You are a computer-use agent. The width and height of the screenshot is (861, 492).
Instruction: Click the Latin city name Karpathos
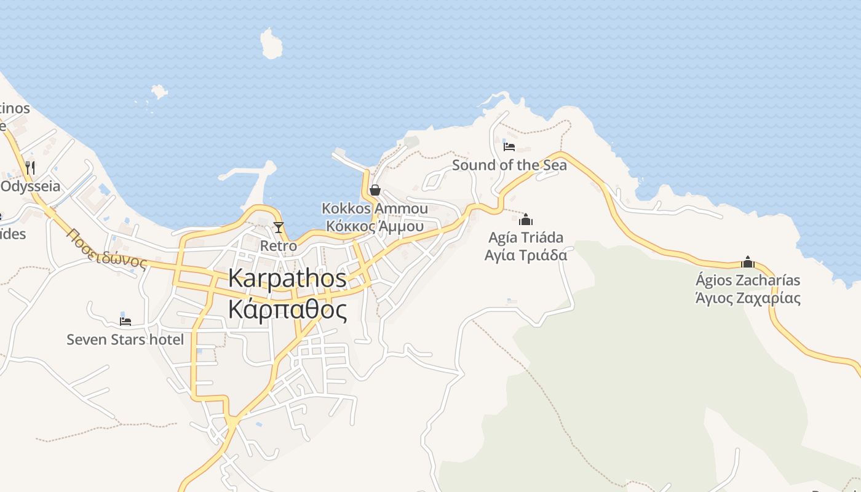point(287,278)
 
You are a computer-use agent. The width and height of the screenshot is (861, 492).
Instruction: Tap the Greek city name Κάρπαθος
point(287,309)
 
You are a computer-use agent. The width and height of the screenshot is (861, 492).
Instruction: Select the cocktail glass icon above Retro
point(279,228)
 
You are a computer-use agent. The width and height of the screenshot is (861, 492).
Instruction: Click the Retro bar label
point(279,246)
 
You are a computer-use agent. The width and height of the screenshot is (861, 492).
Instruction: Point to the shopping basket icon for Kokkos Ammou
point(375,190)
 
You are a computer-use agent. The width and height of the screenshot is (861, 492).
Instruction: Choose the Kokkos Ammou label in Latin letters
point(375,208)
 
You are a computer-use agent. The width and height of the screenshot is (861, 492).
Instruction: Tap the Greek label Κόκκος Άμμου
point(375,226)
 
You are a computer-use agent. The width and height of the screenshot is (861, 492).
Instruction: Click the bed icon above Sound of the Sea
point(509,146)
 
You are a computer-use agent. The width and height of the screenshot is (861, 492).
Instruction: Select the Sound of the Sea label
point(509,165)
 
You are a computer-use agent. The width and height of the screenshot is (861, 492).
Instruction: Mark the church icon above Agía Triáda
point(526,219)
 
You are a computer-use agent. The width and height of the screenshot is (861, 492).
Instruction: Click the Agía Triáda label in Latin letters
point(526,237)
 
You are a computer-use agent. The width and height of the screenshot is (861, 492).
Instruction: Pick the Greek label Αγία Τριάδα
point(526,255)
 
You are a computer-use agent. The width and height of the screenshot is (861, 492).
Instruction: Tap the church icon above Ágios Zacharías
point(748,262)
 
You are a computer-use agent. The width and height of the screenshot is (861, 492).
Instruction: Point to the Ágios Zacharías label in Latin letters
point(748,280)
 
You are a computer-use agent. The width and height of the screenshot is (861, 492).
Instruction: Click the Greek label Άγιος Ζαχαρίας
point(748,298)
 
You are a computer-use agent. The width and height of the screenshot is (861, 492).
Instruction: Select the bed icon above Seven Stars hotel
point(125,321)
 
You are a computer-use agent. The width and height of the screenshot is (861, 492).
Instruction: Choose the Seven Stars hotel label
point(125,339)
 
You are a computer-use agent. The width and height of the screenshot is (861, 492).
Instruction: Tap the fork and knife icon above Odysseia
point(30,167)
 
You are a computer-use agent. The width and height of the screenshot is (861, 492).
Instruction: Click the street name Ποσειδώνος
point(108,249)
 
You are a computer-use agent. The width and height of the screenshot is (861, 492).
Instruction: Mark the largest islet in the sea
point(271,44)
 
